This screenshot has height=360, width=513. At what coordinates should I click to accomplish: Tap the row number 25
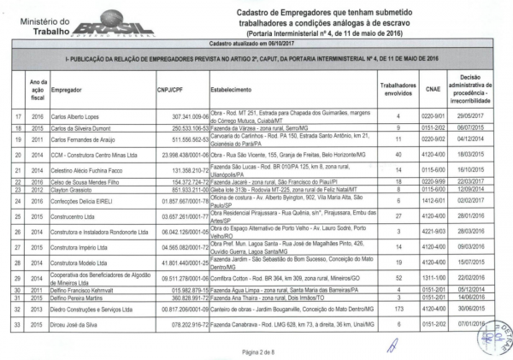click(16, 217)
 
